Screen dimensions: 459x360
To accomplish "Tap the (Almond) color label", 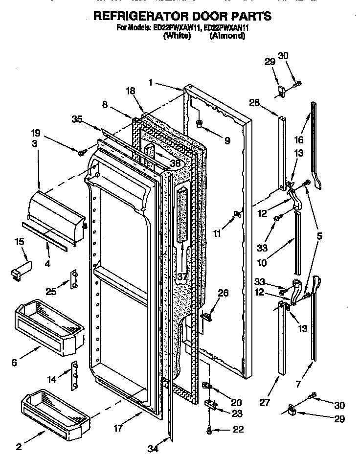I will pos(227,36).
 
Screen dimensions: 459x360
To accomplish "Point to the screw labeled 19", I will pos(81,153).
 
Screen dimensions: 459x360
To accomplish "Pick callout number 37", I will pos(182,277).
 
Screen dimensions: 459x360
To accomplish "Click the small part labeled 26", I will pos(206,316).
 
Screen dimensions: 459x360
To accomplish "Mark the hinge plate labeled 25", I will pos(75,279).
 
